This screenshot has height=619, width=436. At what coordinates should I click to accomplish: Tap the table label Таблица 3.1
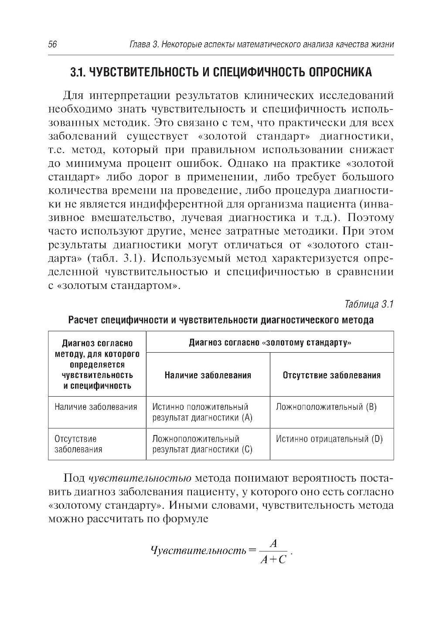(x=369, y=304)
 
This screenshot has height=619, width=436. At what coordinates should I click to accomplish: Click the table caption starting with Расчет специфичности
(x=221, y=320)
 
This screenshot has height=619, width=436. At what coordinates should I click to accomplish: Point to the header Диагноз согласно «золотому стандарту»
(x=270, y=342)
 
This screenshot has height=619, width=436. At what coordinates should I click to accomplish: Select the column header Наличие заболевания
(x=208, y=375)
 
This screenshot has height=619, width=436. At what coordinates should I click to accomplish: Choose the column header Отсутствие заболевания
(x=331, y=375)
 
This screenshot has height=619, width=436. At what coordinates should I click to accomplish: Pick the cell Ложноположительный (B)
(x=327, y=407)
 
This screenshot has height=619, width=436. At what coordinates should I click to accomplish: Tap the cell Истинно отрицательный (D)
(x=330, y=439)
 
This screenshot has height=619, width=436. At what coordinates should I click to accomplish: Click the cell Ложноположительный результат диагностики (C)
(x=202, y=444)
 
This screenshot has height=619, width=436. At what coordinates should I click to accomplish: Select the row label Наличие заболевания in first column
(x=96, y=407)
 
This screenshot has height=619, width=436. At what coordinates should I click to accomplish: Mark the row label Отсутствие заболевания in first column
(x=78, y=444)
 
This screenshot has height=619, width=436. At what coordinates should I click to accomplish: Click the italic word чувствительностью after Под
(x=140, y=478)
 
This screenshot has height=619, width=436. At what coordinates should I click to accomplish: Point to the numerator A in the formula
(x=273, y=544)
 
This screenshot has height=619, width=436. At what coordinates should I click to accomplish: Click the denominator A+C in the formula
(x=273, y=560)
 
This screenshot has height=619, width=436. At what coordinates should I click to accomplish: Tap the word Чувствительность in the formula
(x=198, y=551)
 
